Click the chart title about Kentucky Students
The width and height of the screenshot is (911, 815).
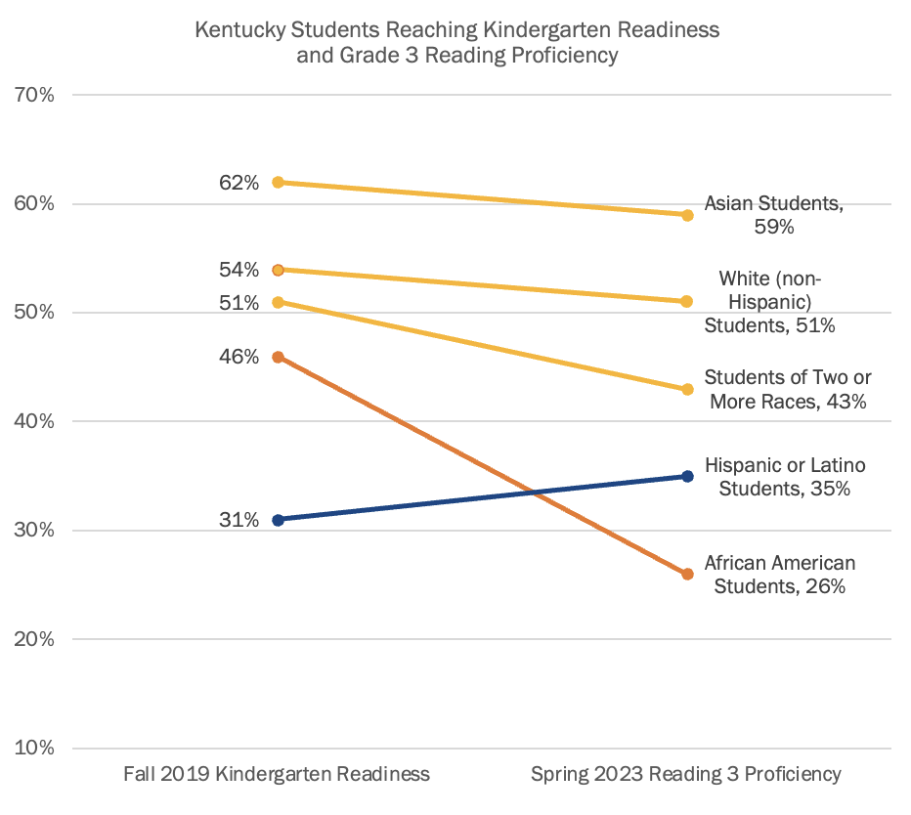pos(456,42)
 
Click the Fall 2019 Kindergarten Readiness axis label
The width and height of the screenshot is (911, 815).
pos(277,775)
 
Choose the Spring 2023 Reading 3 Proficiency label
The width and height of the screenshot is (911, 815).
pos(685,775)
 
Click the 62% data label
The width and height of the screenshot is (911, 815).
pos(239,183)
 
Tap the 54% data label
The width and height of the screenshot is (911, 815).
pos(239,270)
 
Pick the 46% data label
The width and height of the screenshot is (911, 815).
pos(239,358)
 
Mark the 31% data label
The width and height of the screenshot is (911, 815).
pos(239,520)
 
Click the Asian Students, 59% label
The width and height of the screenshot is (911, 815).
pos(773,216)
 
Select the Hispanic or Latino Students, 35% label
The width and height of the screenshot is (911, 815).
pos(785,477)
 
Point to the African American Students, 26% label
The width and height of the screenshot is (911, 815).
pos(780,575)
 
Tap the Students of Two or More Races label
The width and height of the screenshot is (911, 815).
pos(788,389)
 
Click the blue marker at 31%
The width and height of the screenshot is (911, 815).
pos(278,520)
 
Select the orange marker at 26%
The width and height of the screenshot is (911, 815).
pos(687,575)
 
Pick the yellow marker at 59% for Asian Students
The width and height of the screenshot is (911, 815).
pos(687,215)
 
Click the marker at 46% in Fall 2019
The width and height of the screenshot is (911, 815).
pos(278,358)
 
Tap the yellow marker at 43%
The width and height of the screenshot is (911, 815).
pos(687,389)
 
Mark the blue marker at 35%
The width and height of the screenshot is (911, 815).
pos(687,477)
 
